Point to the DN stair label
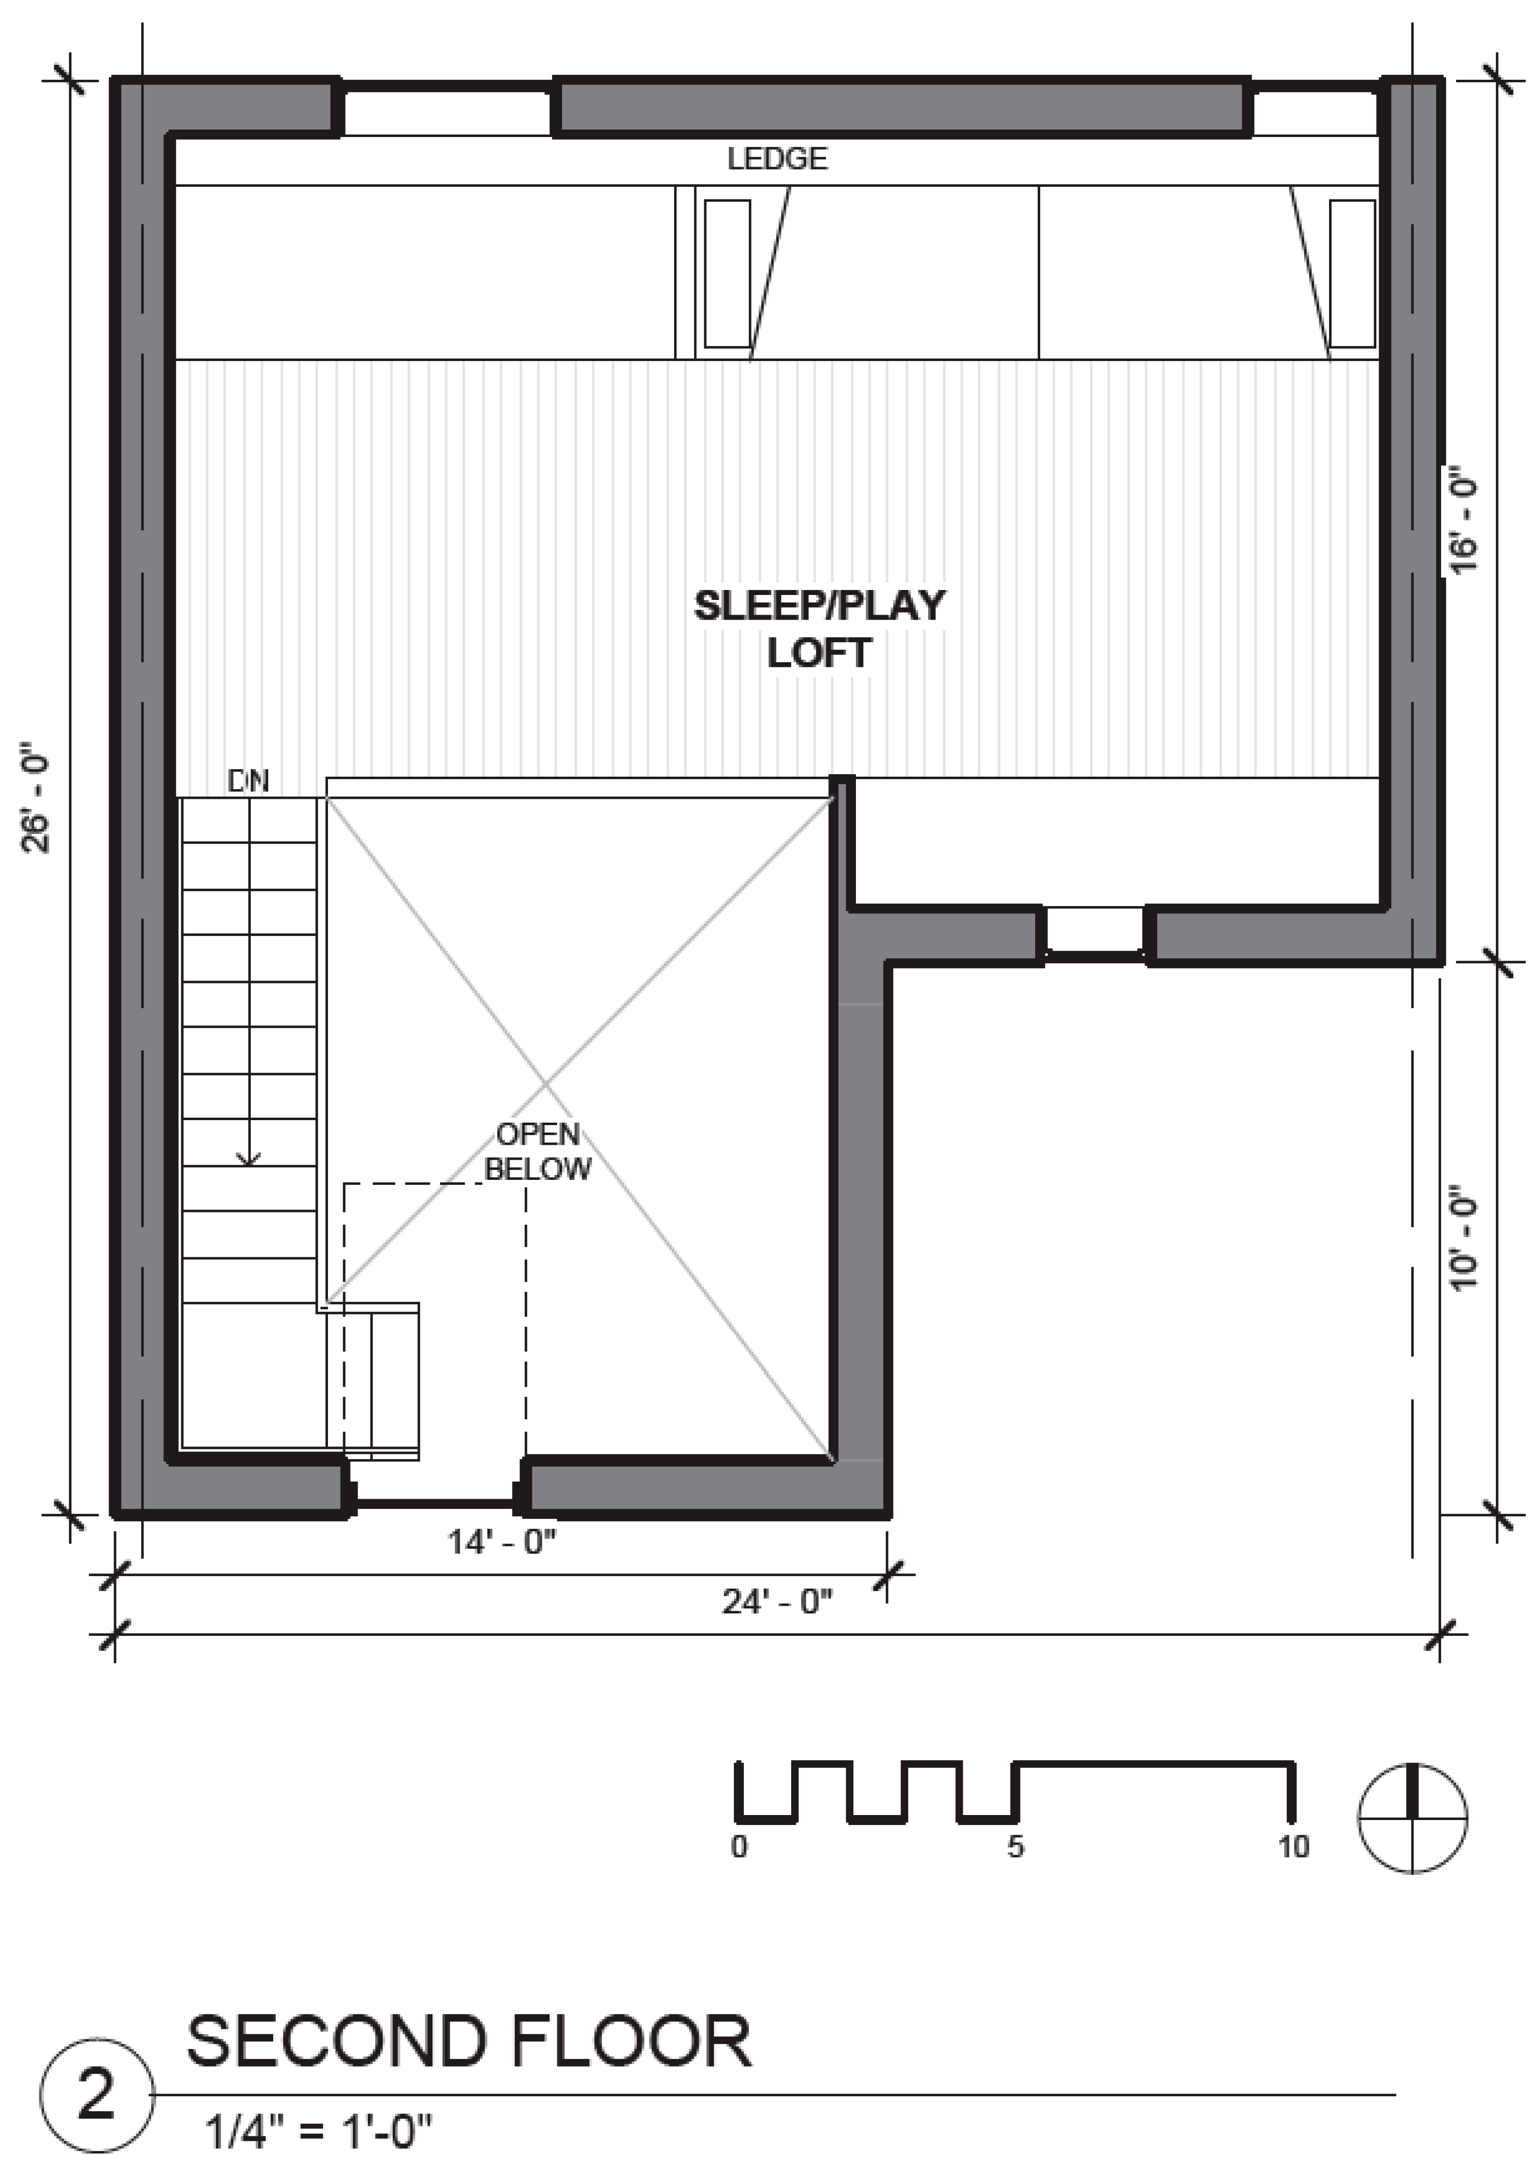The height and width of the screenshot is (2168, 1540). tap(249, 781)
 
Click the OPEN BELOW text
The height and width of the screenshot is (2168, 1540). tap(537, 1152)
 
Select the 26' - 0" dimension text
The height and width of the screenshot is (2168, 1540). tap(39, 797)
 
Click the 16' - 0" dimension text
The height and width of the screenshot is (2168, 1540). tap(1463, 519)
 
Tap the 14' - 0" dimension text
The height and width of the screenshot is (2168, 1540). tap(502, 1542)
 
